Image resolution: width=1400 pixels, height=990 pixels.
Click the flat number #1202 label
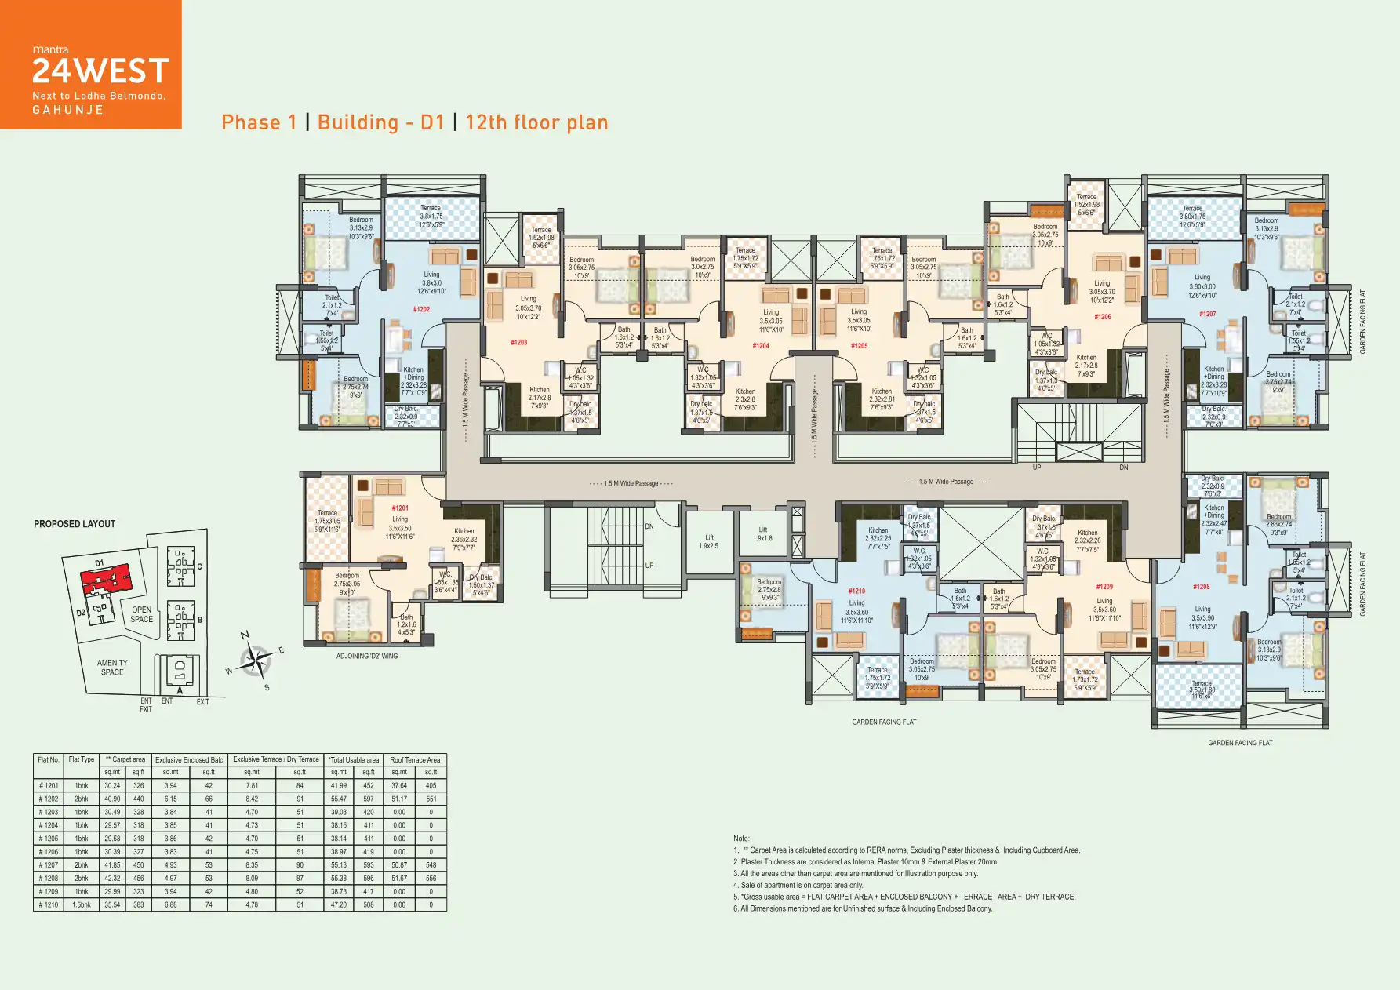click(421, 309)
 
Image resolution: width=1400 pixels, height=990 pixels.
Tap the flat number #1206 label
click(1102, 317)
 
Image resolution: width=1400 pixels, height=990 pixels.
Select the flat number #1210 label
click(856, 591)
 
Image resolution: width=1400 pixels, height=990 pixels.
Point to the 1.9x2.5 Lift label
click(708, 541)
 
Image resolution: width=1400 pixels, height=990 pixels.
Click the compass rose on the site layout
click(254, 662)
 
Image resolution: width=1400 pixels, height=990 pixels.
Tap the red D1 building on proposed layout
click(106, 580)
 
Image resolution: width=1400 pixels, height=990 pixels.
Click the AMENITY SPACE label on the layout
click(112, 668)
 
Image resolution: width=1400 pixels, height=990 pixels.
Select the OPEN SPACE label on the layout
click(142, 614)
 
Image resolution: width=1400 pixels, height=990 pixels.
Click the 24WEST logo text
click(100, 71)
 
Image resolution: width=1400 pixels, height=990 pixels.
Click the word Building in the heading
click(358, 122)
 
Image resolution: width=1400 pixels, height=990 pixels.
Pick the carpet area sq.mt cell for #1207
click(112, 865)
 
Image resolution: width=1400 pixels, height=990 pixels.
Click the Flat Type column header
click(82, 759)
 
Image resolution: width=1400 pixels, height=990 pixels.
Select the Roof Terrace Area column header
click(415, 759)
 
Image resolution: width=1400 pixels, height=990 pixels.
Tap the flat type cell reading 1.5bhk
click(82, 904)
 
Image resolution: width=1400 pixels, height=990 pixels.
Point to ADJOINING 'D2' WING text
click(366, 656)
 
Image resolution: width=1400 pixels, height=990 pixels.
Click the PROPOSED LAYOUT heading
click(75, 524)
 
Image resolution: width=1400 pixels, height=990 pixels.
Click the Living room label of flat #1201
click(399, 519)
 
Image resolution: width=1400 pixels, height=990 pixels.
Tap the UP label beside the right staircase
click(1036, 468)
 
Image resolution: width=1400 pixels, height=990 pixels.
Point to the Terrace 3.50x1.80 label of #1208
click(1202, 690)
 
